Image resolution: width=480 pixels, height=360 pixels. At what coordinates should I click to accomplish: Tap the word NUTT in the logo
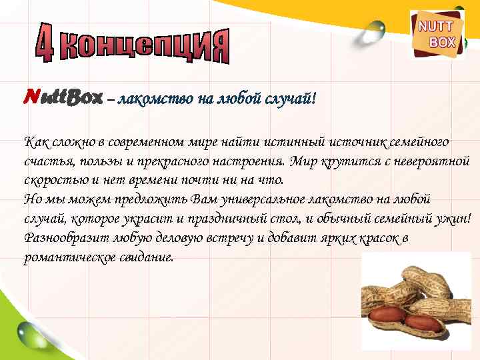[435, 27]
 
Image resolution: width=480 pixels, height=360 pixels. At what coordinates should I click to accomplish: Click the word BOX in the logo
[442, 42]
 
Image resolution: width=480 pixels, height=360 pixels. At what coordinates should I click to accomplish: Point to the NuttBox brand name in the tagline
[63, 99]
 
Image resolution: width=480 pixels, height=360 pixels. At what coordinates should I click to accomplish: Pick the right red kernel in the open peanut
[423, 322]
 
